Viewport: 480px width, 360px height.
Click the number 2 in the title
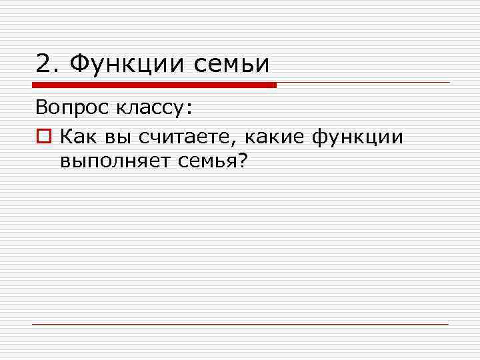click(x=43, y=64)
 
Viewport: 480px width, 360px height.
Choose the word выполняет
click(x=115, y=162)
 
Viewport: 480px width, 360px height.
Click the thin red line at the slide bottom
click(x=240, y=324)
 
